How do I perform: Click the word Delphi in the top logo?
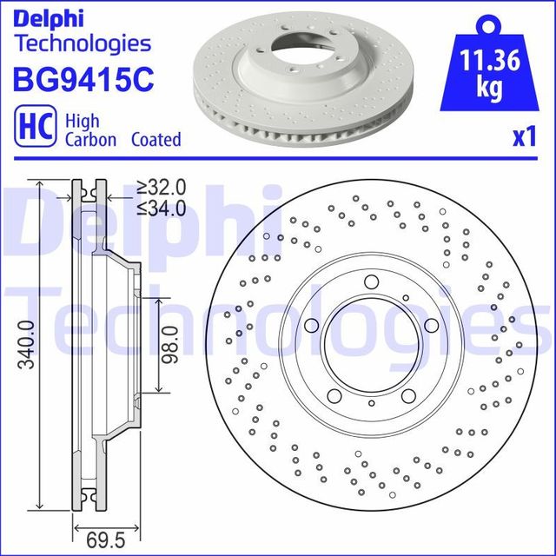(50, 17)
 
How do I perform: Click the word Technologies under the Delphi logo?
(82, 43)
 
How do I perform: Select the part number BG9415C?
(83, 78)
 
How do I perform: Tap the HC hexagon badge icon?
(30, 127)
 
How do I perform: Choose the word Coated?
(156, 139)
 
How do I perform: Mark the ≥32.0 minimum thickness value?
(162, 187)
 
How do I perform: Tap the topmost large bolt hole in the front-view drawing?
(370, 281)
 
